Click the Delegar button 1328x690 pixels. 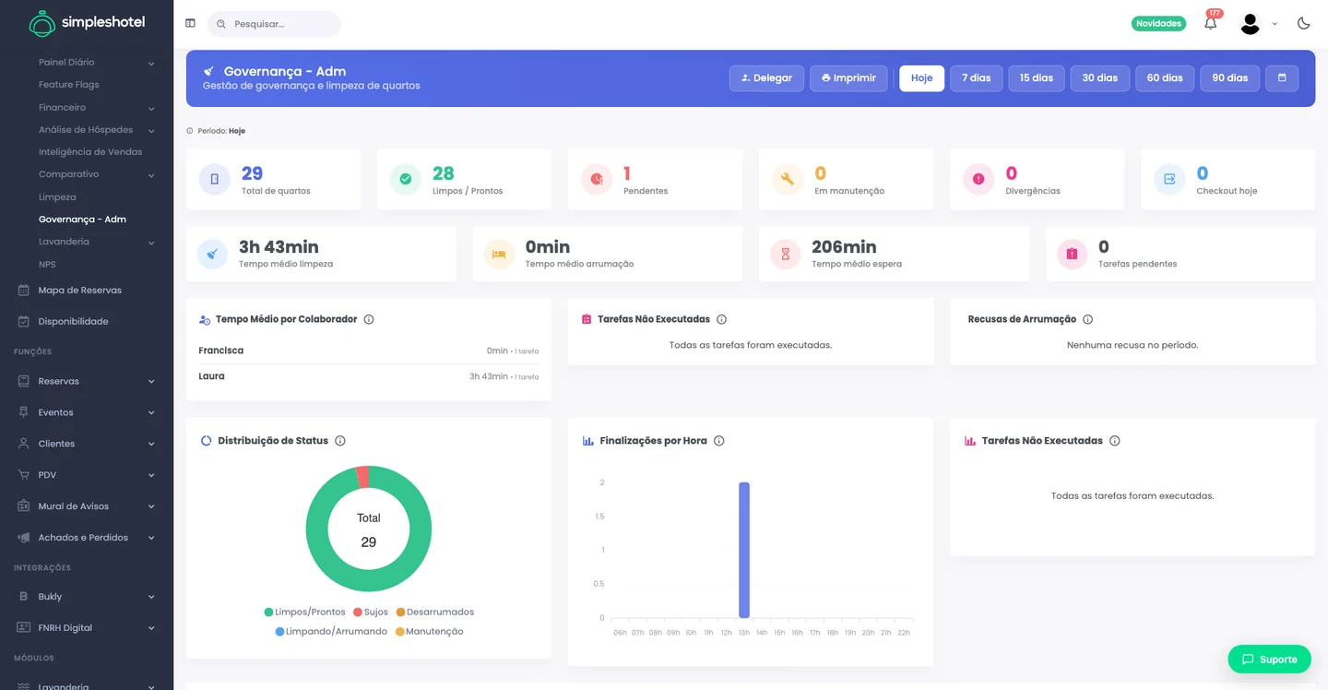point(766,78)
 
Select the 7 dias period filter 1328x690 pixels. point(976,78)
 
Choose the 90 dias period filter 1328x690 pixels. point(1229,78)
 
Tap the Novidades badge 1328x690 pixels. point(1158,24)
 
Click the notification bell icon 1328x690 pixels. point(1210,24)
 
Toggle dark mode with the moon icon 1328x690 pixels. point(1303,24)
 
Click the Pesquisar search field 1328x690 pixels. point(274,24)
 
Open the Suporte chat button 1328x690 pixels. point(1269,660)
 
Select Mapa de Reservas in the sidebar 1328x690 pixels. point(79,290)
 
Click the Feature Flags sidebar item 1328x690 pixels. point(69,84)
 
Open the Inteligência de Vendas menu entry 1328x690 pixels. point(90,152)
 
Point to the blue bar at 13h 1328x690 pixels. point(744,550)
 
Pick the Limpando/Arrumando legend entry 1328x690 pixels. point(331,631)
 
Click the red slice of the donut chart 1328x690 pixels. point(362,477)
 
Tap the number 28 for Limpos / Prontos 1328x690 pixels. point(443,173)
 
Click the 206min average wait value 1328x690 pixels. point(844,246)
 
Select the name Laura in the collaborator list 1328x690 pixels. point(211,375)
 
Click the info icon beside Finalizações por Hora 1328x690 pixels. point(718,440)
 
